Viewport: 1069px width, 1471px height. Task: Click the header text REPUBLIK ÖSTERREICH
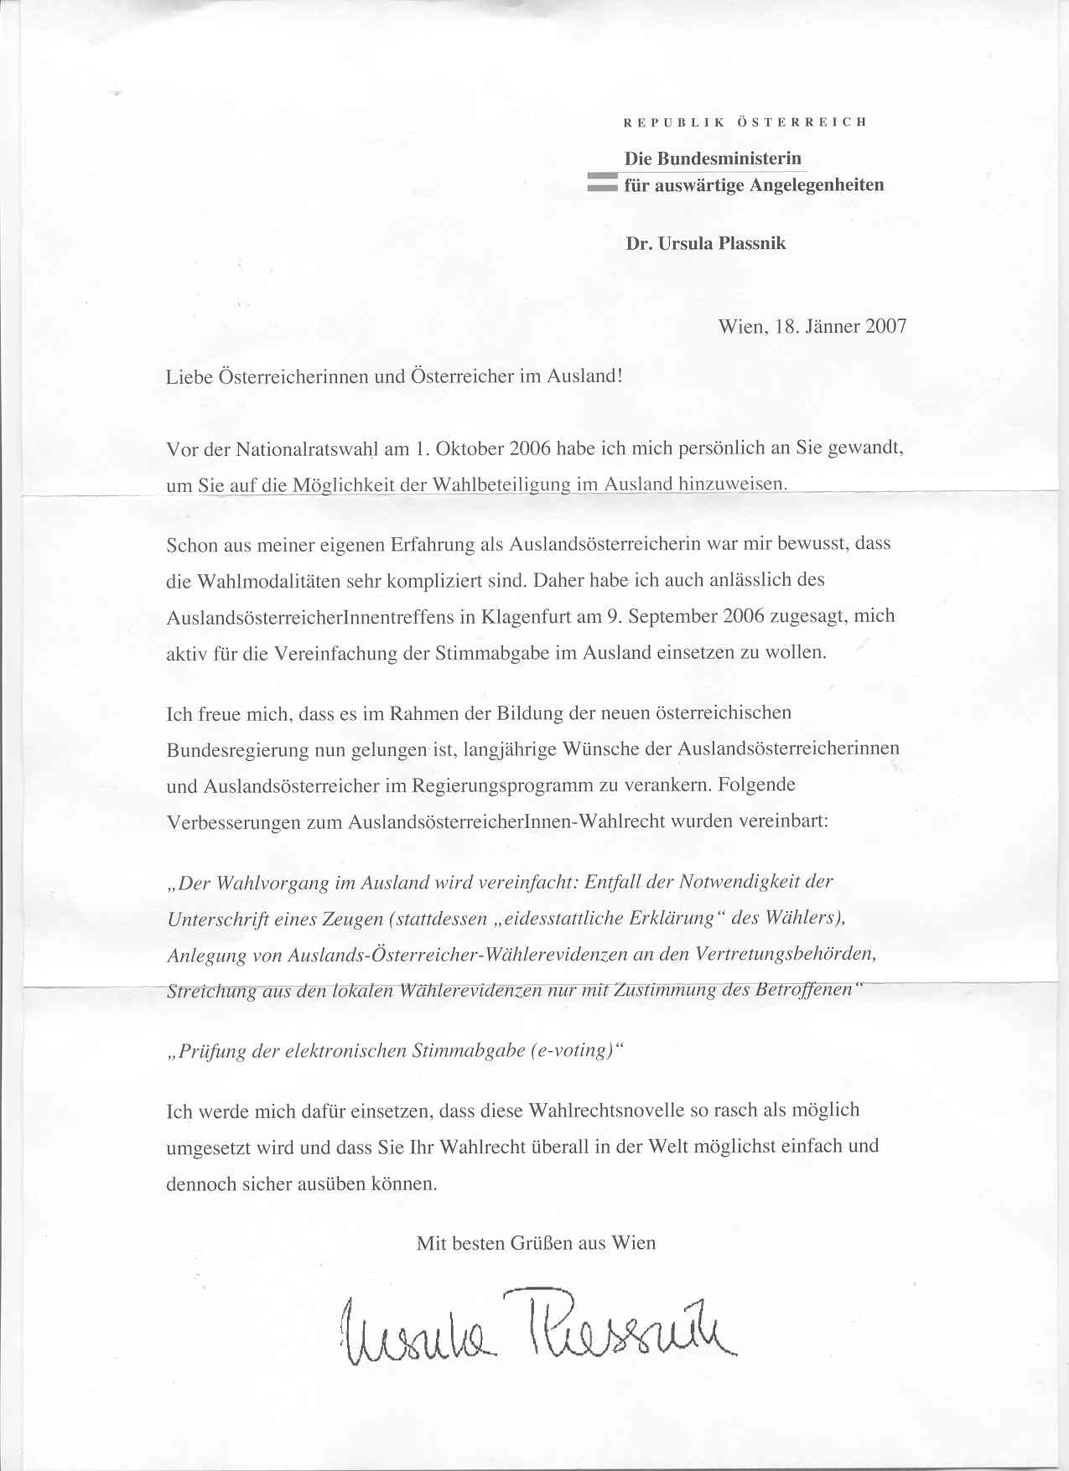745,122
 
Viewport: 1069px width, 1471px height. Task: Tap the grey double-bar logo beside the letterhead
602,183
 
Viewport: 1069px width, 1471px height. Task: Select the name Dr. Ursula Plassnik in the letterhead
706,244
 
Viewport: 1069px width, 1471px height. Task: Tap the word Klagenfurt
522,616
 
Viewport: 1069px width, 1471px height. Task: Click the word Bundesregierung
238,749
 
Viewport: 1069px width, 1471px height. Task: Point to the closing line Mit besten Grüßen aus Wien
536,1243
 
